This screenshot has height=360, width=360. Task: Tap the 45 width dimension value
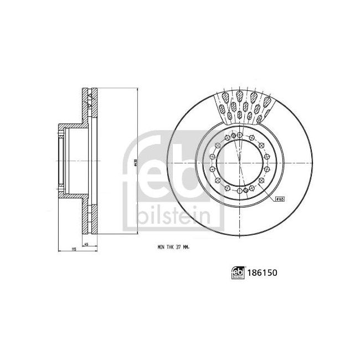click(x=86, y=244)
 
